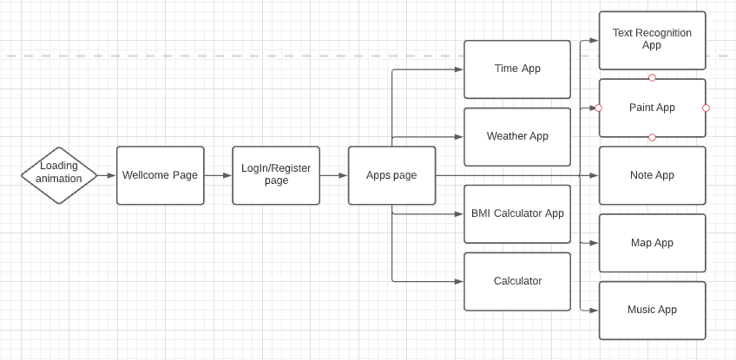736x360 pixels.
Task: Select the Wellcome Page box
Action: coord(161,175)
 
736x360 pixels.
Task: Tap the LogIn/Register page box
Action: coord(276,175)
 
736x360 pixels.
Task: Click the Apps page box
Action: coord(391,175)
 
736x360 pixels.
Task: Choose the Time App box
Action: coord(517,69)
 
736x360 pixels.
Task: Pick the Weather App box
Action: coord(517,137)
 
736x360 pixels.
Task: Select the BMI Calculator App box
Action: coord(517,214)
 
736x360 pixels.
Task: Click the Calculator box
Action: coord(517,281)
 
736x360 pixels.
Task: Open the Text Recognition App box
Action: coord(652,40)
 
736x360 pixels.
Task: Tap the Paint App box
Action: coord(652,108)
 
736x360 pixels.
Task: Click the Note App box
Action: coord(652,175)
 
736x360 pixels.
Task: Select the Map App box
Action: coord(652,243)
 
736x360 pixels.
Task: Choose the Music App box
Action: coord(652,310)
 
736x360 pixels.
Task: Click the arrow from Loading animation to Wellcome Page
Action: coord(107,175)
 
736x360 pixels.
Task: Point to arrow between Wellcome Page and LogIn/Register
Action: coord(219,175)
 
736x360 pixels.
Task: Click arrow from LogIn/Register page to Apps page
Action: coord(334,175)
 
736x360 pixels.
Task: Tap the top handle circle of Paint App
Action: coord(652,78)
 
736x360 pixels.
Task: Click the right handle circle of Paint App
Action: coord(706,108)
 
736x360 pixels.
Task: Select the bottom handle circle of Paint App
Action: coord(652,138)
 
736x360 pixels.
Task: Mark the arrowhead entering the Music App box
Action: coord(595,310)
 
